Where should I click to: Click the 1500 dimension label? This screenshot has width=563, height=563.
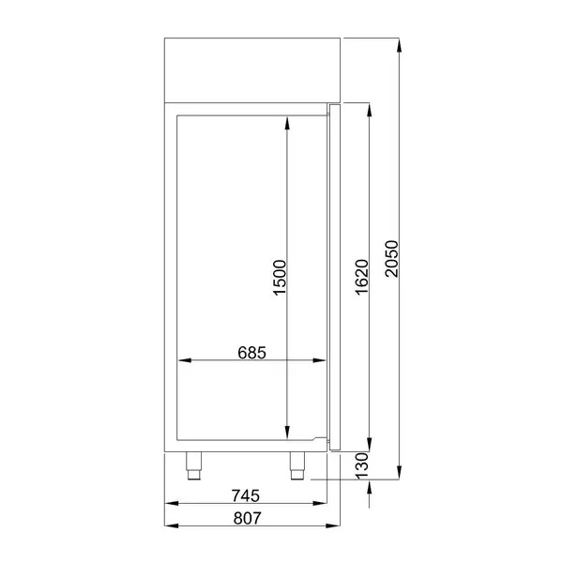pos(279,278)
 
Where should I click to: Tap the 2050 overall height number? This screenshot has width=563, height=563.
pos(393,258)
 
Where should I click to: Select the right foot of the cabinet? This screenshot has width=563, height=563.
pos(297,464)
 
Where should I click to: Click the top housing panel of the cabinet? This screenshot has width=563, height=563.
pos(251,68)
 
